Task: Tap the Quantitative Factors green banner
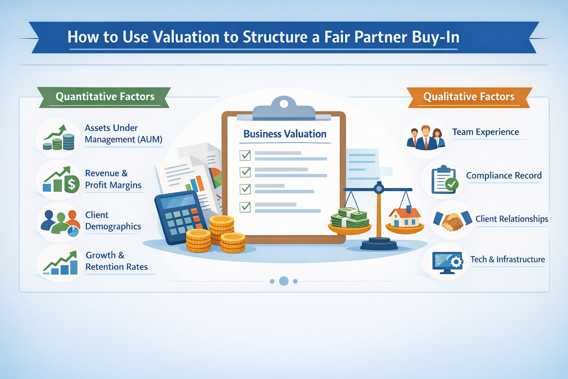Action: point(105,97)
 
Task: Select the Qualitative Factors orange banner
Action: point(469,97)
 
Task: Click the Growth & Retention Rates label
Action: point(116,261)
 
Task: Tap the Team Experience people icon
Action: point(425,138)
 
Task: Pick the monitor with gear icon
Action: point(447,262)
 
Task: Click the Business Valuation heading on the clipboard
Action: point(285,134)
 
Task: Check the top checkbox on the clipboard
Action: point(245,155)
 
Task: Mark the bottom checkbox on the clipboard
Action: point(245,207)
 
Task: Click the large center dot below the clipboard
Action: point(284,281)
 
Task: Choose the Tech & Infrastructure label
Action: point(507,259)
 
